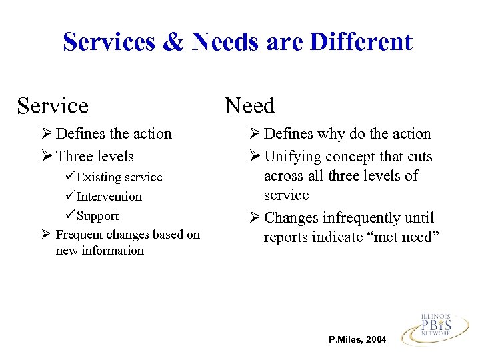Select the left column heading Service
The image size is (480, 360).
click(53, 105)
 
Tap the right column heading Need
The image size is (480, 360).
click(249, 105)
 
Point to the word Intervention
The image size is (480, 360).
click(109, 197)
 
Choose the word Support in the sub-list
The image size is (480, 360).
click(98, 216)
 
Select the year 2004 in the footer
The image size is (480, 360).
click(375, 340)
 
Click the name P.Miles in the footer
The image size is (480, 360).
click(345, 340)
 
